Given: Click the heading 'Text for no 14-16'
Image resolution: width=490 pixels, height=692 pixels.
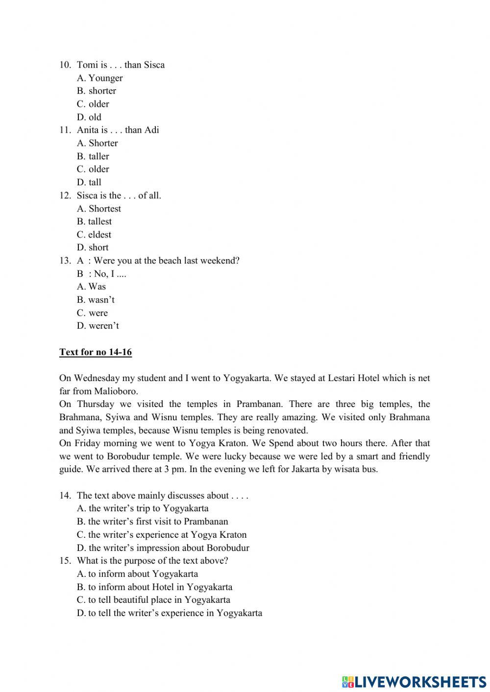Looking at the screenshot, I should (x=96, y=352).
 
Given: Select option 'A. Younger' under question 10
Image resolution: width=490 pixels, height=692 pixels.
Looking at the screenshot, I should (x=100, y=78).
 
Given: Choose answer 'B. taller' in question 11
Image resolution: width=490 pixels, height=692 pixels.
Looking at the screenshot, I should (x=93, y=156).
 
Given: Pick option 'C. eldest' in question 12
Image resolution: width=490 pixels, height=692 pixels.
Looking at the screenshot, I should (x=94, y=235).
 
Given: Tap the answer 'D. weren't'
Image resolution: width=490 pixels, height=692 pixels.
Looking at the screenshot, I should (x=98, y=326).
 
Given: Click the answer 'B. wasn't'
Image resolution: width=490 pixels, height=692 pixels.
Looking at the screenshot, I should (x=96, y=300).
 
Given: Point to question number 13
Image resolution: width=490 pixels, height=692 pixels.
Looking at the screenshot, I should (x=65, y=261).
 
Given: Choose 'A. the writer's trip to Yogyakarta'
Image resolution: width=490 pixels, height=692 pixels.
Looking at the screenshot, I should (x=143, y=508).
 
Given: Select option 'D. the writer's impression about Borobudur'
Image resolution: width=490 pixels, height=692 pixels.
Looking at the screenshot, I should (x=163, y=548).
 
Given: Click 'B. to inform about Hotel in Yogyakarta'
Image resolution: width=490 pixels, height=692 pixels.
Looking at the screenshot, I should (x=154, y=587).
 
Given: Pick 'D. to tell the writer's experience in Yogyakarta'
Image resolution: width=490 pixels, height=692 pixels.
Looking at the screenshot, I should (x=169, y=613).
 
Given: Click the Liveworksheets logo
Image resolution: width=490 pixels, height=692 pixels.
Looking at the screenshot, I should (x=414, y=681).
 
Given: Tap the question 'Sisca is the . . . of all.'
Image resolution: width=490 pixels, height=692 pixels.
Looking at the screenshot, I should (x=119, y=195).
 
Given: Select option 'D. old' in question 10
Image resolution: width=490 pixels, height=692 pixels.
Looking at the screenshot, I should (x=89, y=117).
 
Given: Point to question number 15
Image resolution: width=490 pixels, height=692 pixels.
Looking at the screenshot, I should (x=65, y=561).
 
